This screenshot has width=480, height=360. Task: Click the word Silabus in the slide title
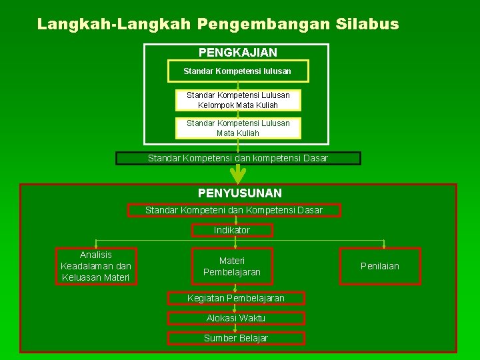(368, 25)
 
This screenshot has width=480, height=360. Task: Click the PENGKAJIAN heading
(237, 52)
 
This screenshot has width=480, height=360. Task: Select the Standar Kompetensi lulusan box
(237, 71)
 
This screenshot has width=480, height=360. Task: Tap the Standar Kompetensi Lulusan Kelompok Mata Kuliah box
(238, 100)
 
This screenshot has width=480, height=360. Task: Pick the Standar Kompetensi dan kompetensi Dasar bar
(238, 158)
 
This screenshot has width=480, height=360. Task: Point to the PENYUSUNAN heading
(239, 193)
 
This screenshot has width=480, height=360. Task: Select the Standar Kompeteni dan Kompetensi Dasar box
(234, 210)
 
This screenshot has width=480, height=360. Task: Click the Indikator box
(232, 230)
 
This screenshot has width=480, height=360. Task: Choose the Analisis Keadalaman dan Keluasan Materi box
(96, 266)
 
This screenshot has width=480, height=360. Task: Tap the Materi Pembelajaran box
(232, 267)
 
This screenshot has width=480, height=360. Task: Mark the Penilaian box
(380, 266)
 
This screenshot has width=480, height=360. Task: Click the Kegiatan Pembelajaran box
(236, 298)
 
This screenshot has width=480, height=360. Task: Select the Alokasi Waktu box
(236, 318)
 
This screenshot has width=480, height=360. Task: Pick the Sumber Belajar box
(236, 338)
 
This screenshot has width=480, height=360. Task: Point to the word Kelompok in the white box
(215, 105)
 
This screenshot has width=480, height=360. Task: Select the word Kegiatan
(205, 298)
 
